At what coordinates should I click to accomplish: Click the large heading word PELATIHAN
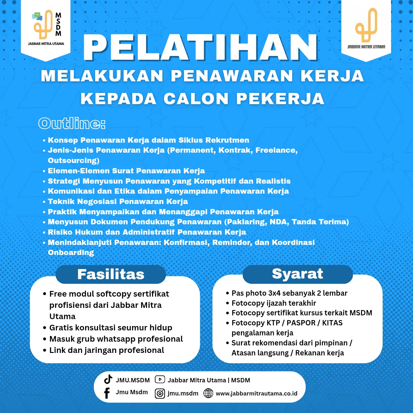coord(201,47)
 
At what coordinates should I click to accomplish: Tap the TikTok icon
coord(108,379)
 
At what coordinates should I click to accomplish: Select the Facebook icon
coord(107,393)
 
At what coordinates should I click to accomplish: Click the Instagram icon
coord(160,394)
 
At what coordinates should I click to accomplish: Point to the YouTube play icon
coord(160,380)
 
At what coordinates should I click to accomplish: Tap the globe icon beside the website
coord(208,393)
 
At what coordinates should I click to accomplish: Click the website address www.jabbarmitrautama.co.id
coord(257,394)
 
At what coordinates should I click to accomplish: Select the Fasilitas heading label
coord(111,274)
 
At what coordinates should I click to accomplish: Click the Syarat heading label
coord(297,274)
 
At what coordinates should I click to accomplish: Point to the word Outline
coord(72,124)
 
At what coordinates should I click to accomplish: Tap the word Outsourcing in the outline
coord(74,161)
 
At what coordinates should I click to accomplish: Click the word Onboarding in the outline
coord(71,252)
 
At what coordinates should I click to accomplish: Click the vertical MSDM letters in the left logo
coord(58,24)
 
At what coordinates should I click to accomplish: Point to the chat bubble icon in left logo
coord(37,16)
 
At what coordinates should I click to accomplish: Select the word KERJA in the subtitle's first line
coord(332,76)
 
